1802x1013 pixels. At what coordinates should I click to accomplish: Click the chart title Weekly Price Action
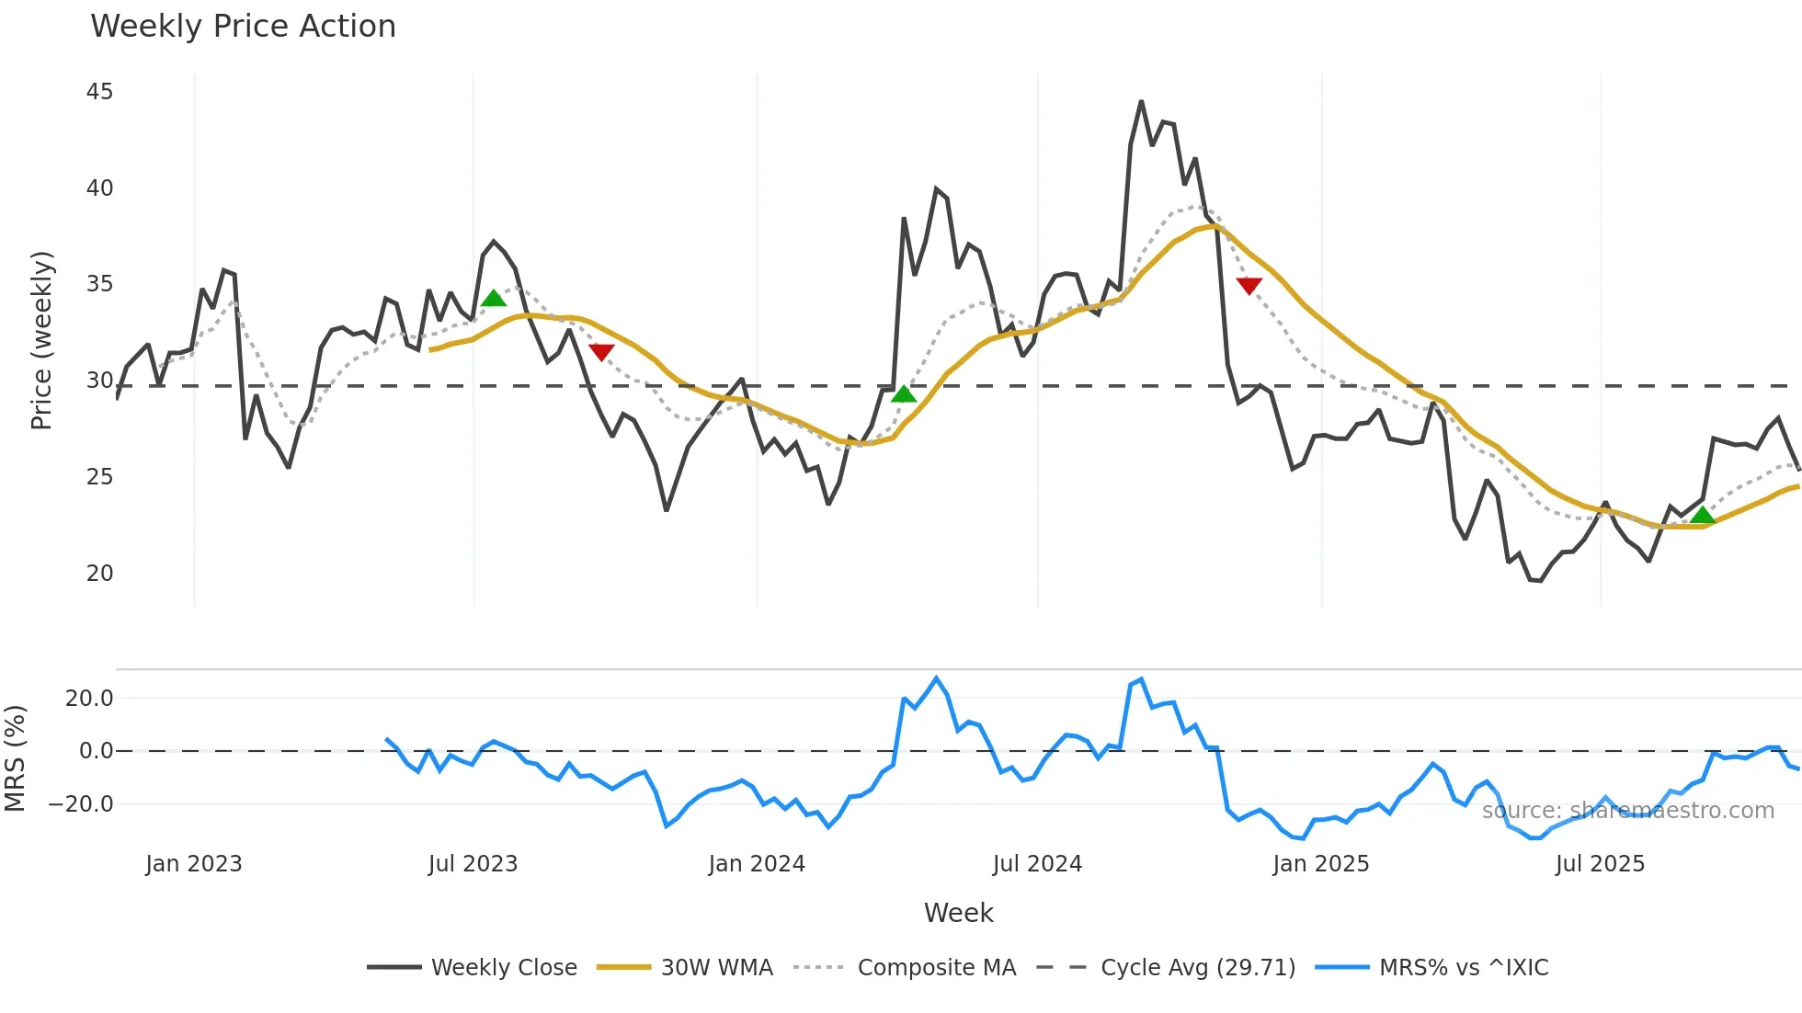[x=243, y=27]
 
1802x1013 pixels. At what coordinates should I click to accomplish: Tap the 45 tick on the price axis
[x=99, y=92]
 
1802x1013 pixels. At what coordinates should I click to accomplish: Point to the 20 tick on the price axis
[x=99, y=574]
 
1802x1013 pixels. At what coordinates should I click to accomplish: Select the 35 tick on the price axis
[x=99, y=284]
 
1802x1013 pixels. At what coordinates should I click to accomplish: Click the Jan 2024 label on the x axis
[x=757, y=864]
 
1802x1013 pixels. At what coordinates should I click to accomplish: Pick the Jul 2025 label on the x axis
[x=1600, y=864]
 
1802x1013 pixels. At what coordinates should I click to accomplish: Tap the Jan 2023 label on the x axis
[x=194, y=864]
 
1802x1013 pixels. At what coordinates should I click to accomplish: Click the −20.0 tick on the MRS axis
[x=81, y=804]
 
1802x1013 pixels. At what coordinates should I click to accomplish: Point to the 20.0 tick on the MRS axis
[x=89, y=699]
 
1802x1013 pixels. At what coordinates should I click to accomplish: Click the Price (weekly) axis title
[x=41, y=340]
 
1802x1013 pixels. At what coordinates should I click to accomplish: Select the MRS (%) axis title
[x=15, y=758]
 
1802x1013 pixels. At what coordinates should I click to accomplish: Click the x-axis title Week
[x=958, y=913]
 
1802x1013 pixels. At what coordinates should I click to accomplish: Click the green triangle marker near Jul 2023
[x=494, y=298]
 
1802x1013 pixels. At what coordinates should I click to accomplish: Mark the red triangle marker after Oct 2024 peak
[x=1249, y=286]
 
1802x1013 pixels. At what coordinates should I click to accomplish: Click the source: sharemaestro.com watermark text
[x=1627, y=811]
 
